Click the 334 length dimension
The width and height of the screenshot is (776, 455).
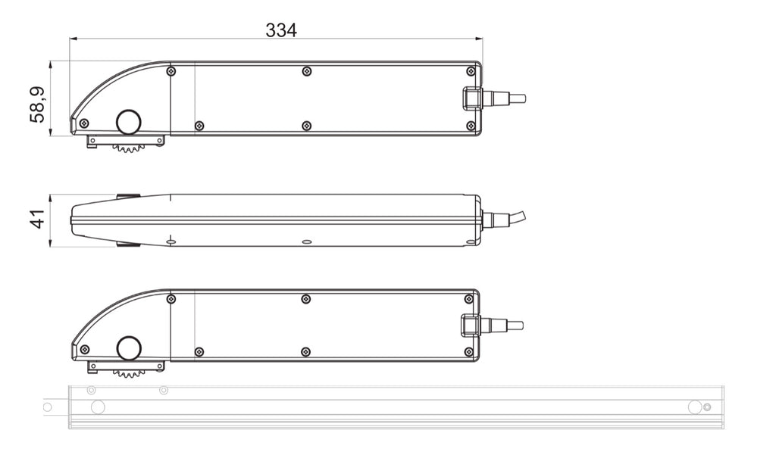coord(281,30)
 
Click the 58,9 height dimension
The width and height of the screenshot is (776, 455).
coord(38,104)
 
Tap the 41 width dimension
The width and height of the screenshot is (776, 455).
coord(38,219)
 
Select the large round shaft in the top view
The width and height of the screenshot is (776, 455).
coord(129,122)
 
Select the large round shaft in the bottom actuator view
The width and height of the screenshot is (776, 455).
coord(129,349)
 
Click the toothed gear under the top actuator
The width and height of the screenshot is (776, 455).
coord(129,148)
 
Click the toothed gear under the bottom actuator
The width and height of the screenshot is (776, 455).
coord(129,373)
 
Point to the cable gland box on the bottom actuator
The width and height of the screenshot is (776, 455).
coord(469,325)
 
